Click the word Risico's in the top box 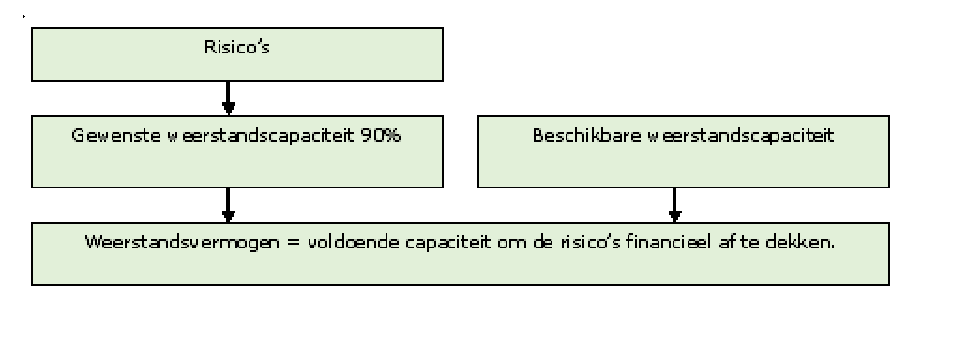click(x=237, y=48)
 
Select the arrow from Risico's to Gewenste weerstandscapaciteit click(x=229, y=97)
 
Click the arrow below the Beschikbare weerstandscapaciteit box click(x=674, y=205)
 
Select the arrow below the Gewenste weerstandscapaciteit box click(x=229, y=205)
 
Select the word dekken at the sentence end click(x=799, y=242)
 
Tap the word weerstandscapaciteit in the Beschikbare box click(x=741, y=135)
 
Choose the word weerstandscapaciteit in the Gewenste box click(x=262, y=135)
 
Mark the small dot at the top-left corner click(x=24, y=16)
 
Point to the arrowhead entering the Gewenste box click(x=229, y=110)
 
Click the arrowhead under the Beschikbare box click(x=674, y=217)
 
